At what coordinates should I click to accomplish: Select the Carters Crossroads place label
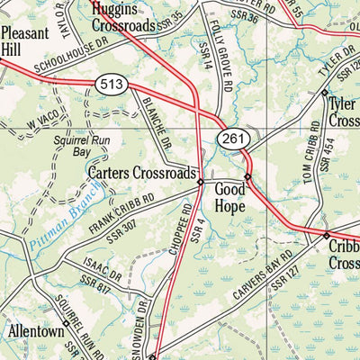click(x=142, y=172)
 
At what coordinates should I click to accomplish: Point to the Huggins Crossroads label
click(x=126, y=17)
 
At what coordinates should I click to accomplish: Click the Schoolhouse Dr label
click(x=58, y=60)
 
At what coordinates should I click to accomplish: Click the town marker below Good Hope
click(x=247, y=176)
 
